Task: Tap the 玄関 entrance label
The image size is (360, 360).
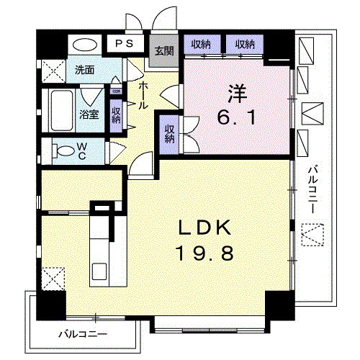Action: (164, 50)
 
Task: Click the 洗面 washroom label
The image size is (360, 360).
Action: (85, 70)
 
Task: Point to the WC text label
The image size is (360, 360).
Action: (83, 151)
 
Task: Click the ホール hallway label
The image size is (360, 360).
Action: (143, 94)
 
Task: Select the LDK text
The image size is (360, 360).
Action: (204, 229)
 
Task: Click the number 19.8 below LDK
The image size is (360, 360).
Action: (204, 253)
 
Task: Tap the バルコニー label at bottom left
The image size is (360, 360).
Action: (83, 334)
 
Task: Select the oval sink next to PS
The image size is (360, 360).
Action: (86, 44)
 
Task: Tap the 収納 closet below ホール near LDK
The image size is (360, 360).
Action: (170, 134)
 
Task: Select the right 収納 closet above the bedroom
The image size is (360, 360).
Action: (245, 45)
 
